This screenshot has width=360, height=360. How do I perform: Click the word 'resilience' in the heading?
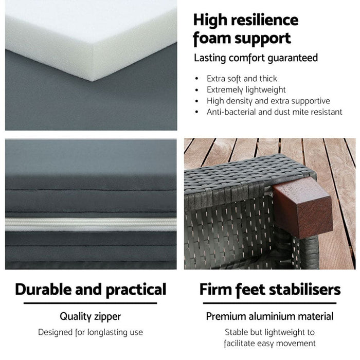(x=264, y=20)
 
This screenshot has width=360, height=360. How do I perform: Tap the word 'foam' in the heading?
(x=212, y=38)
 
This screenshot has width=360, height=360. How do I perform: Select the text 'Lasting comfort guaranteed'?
(x=256, y=58)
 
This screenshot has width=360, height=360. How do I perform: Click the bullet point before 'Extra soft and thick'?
(x=196, y=79)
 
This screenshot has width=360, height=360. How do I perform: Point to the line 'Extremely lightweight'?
(x=246, y=89)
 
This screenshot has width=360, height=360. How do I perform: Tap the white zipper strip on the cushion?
(x=91, y=225)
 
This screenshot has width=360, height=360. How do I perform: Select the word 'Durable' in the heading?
(x=44, y=289)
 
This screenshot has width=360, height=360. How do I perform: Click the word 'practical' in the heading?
(x=136, y=290)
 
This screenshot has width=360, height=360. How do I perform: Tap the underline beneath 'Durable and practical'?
(x=90, y=303)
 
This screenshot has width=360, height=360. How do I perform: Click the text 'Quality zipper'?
(x=90, y=317)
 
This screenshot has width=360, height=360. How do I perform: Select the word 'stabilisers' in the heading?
(x=305, y=290)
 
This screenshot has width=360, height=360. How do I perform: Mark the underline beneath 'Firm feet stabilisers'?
(x=270, y=303)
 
